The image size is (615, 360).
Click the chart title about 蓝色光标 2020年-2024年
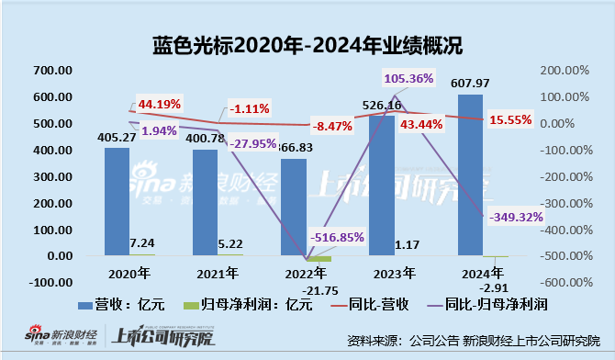307,43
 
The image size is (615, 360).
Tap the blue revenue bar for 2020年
117,201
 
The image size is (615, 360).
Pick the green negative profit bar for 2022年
319,259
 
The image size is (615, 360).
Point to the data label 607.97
470,85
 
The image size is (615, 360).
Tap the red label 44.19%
159,102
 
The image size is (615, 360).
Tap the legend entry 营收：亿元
119,302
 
